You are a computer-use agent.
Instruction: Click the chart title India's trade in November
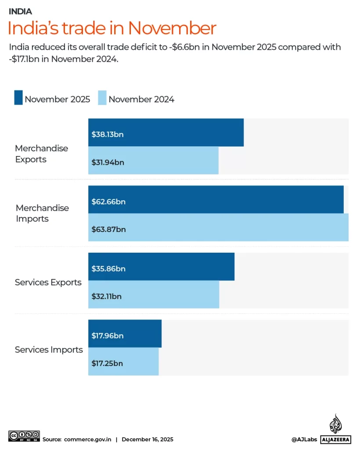[x=112, y=29]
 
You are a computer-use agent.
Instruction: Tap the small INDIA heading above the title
[x=20, y=12]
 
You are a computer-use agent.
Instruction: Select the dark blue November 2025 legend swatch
[x=18, y=98]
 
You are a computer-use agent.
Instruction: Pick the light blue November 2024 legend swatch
[x=102, y=98]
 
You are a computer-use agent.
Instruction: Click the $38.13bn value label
[x=108, y=134]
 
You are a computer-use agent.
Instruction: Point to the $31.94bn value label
[x=108, y=162]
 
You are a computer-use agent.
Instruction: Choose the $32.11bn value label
[x=106, y=296]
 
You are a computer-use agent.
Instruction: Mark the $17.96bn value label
[x=108, y=336]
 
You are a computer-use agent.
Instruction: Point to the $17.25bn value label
[x=107, y=363]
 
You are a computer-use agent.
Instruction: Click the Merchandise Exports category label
[x=42, y=154]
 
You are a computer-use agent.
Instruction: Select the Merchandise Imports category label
[x=42, y=213]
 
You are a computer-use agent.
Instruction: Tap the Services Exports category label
[x=48, y=282]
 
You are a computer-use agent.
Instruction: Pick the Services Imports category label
[x=49, y=350]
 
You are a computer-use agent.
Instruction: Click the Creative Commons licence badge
[x=24, y=436]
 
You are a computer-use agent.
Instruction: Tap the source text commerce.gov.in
[x=88, y=439]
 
